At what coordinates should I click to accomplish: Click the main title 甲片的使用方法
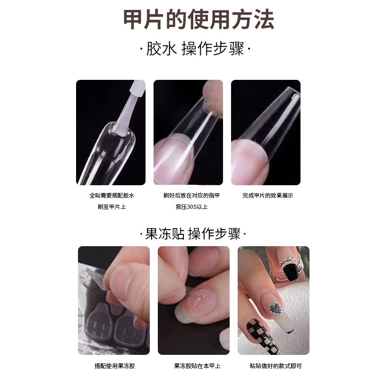(198, 19)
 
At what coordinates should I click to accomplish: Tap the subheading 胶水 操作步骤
(195, 49)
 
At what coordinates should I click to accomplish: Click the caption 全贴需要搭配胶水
(112, 195)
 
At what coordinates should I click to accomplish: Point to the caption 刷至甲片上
(112, 206)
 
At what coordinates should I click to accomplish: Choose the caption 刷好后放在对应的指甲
(191, 195)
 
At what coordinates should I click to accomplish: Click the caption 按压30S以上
(191, 206)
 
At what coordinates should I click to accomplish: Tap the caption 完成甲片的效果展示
(267, 195)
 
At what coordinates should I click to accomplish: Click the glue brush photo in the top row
(111, 132)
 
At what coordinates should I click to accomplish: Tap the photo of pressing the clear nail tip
(188, 132)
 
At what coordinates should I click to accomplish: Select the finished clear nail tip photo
(266, 132)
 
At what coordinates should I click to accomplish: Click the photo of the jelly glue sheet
(113, 300)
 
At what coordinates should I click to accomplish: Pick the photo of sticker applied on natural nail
(194, 300)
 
